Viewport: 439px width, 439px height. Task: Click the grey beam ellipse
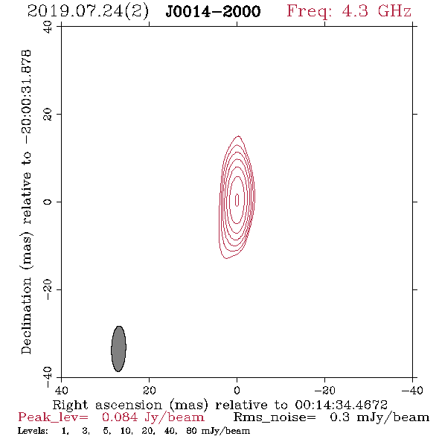point(119,349)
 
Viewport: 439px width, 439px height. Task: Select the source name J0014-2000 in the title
point(213,11)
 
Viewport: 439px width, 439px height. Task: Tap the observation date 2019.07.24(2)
point(88,12)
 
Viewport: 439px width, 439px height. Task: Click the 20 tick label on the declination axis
point(48,115)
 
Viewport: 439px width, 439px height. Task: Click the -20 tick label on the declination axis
point(48,289)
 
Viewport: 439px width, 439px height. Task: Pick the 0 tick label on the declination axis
point(48,202)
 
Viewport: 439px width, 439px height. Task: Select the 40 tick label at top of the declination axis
point(48,28)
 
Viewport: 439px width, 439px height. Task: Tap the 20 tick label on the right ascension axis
point(150,390)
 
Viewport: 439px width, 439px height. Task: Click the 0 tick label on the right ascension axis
point(237,390)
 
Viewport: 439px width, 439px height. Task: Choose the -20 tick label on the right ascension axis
point(324,390)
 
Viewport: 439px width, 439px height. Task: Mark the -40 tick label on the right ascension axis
point(412,390)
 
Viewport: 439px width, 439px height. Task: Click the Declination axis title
point(26,202)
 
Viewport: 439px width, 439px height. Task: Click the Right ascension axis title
point(220,405)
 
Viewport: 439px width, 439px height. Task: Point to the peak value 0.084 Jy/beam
point(153,417)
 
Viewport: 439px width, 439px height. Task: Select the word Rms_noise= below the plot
point(275,417)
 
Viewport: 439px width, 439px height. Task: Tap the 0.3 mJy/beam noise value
point(379,417)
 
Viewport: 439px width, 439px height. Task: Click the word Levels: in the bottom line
point(33,431)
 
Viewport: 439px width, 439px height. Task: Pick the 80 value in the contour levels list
point(191,431)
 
